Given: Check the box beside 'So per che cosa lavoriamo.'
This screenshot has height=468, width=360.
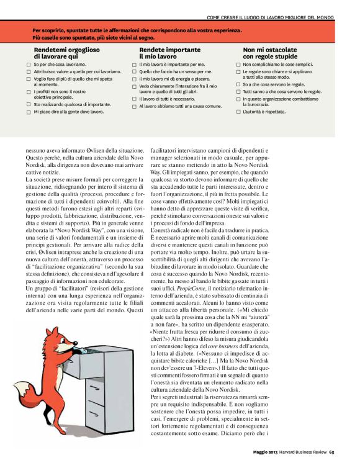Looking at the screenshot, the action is [29, 64].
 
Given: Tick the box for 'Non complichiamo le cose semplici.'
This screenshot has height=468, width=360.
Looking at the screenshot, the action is [238, 64].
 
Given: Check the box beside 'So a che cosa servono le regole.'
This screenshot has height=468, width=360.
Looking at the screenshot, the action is [238, 84].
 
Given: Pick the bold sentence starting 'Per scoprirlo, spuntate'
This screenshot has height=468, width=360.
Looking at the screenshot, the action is [137, 29].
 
